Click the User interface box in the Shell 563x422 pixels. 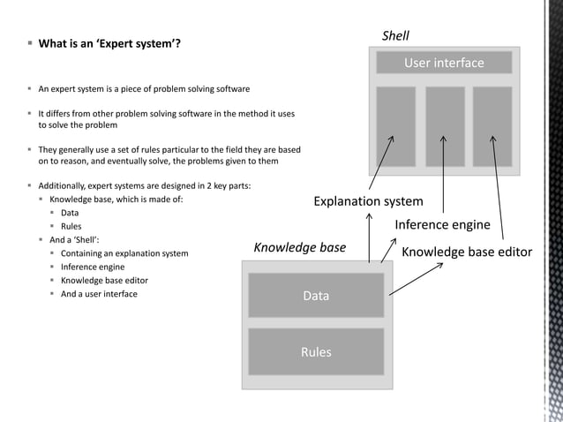click(444, 63)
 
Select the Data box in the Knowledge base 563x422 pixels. click(316, 296)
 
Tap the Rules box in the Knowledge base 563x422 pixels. click(316, 351)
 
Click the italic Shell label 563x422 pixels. click(395, 36)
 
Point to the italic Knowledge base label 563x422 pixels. click(300, 247)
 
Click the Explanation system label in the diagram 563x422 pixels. click(368, 201)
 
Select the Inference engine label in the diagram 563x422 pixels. click(442, 224)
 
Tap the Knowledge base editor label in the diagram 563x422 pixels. click(467, 252)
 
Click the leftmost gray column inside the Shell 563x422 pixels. click(395, 126)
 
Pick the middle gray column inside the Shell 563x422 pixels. click(445, 126)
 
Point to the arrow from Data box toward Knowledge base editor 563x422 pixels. click(415, 278)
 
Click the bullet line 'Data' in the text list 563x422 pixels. click(70, 213)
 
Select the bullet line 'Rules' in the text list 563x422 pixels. click(71, 226)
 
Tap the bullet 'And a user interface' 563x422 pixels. click(99, 294)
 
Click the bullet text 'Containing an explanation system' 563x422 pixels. click(124, 253)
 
